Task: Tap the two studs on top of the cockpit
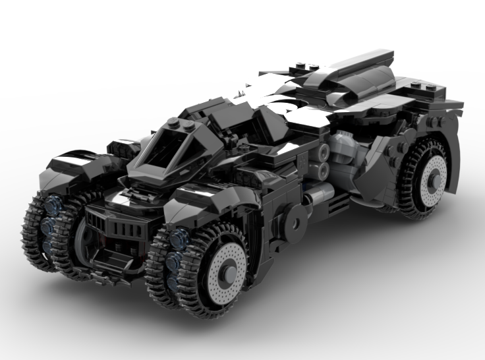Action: point(180,123)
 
